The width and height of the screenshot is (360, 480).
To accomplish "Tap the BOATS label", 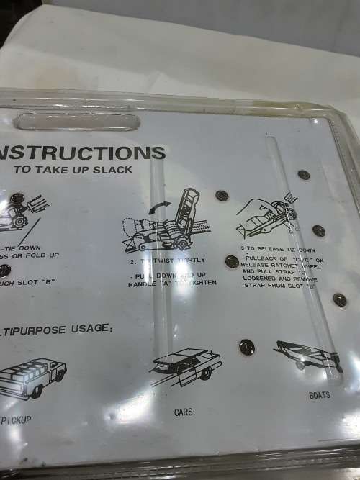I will (320, 395).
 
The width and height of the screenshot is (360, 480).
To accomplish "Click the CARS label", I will (183, 412).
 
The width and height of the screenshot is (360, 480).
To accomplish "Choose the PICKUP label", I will (16, 420).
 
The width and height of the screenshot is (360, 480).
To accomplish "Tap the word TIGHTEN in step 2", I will (199, 284).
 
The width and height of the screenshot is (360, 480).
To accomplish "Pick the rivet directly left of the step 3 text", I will (232, 262).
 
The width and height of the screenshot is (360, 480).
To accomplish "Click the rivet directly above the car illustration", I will (246, 346).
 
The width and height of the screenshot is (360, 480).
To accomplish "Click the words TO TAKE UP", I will (68, 171).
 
